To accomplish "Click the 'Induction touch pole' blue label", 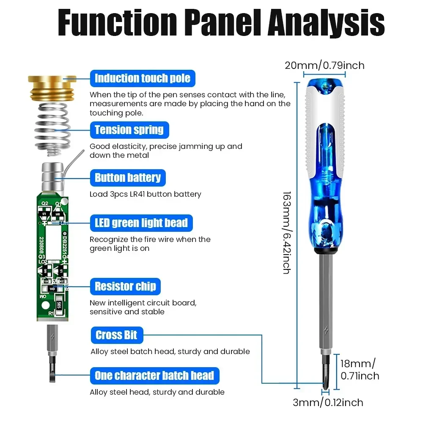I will pyautogui.click(x=143, y=78).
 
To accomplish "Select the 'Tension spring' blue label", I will pyautogui.click(x=129, y=129).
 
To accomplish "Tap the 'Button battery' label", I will pyautogui.click(x=128, y=178).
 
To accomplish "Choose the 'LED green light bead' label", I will pyautogui.click(x=141, y=222).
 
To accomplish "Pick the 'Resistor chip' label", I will pyautogui.click(x=125, y=286).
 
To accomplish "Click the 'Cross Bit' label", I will pyautogui.click(x=116, y=335).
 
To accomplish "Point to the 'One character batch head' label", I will pyautogui.click(x=154, y=375).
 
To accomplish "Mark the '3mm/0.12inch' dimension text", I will pyautogui.click(x=328, y=402).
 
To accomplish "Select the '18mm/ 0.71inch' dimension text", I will pyautogui.click(x=360, y=369).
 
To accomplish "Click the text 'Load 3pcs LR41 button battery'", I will pyautogui.click(x=145, y=194).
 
